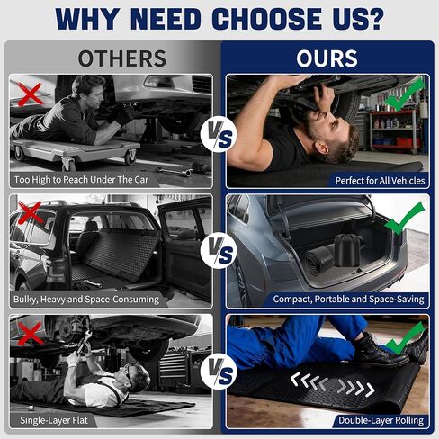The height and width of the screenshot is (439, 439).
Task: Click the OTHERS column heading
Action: point(122,58)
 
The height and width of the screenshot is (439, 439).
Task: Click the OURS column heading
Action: point(327,58)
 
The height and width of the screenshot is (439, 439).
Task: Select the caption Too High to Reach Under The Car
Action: point(81,180)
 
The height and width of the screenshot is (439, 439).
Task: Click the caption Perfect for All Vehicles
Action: point(380,181)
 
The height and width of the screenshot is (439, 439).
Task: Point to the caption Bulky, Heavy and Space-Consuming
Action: point(86,300)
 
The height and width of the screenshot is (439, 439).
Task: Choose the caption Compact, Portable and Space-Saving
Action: point(348,299)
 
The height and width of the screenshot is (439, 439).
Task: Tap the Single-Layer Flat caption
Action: point(54,420)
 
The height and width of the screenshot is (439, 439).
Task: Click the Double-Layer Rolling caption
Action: point(381,420)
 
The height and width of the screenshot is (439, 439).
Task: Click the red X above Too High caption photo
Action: point(30,94)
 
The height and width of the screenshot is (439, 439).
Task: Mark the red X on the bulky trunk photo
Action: point(30,212)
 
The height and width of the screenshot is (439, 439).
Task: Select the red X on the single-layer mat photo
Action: point(30,334)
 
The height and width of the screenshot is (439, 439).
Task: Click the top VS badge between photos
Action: point(219,134)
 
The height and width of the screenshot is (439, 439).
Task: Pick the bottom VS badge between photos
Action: point(219,372)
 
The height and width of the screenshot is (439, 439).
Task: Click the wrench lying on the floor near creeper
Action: point(175,172)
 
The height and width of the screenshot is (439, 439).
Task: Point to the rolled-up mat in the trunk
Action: point(319,259)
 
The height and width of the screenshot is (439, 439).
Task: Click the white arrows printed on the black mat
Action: point(333,385)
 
